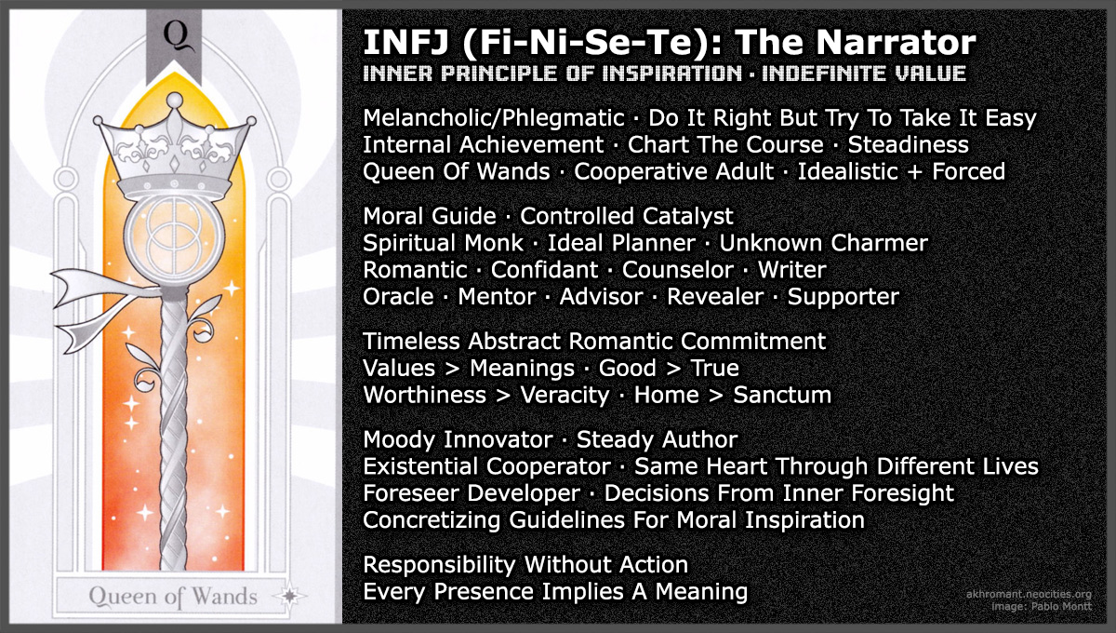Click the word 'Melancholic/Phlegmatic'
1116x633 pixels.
493,118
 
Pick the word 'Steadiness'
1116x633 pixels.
908,145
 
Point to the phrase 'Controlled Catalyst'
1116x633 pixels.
626,217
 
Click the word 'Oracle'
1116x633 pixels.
398,297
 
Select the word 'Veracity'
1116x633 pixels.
565,395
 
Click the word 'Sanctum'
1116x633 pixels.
782,395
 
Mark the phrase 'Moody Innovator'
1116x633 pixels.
456,439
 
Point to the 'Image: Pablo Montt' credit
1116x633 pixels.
1048,607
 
